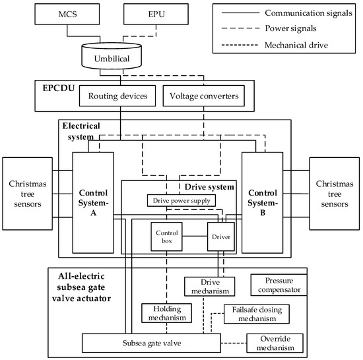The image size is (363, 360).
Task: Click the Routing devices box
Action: pyautogui.click(x=117, y=96)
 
